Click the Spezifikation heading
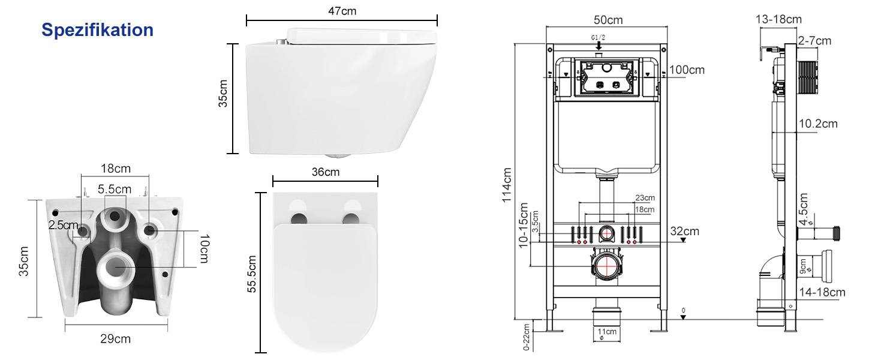click(x=97, y=30)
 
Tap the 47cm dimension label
click(x=342, y=11)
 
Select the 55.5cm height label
click(x=252, y=274)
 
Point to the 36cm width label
click(x=325, y=172)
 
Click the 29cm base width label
click(x=115, y=339)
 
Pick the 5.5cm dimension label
click(x=115, y=190)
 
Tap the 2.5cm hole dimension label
click(x=63, y=225)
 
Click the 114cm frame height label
click(x=507, y=185)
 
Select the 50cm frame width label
click(x=608, y=20)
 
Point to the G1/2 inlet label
click(x=598, y=38)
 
